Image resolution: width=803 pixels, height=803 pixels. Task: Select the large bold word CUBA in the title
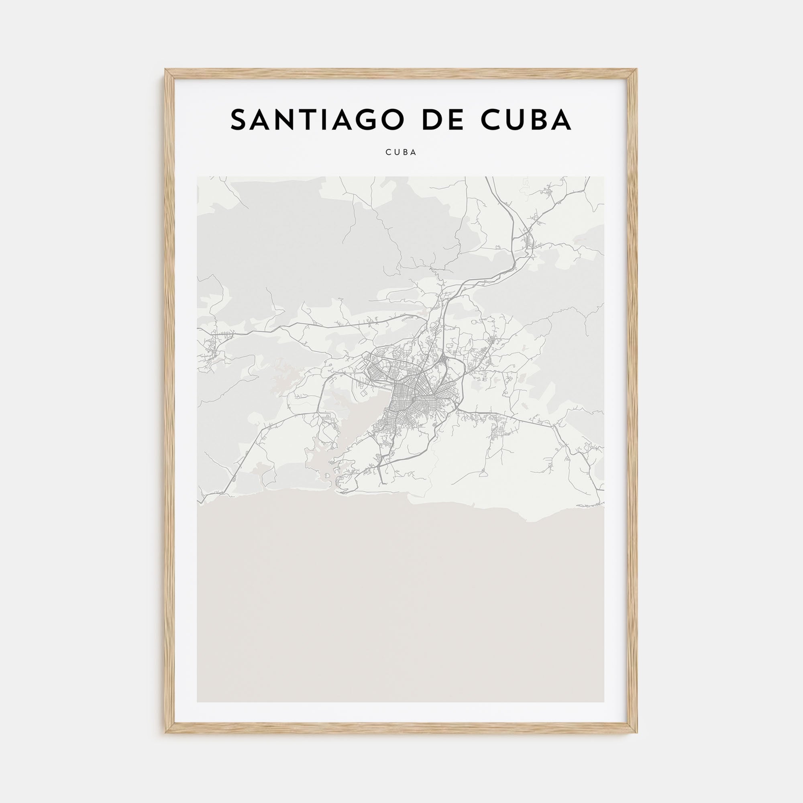tap(526, 120)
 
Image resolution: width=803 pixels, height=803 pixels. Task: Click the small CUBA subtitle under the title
tap(401, 153)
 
